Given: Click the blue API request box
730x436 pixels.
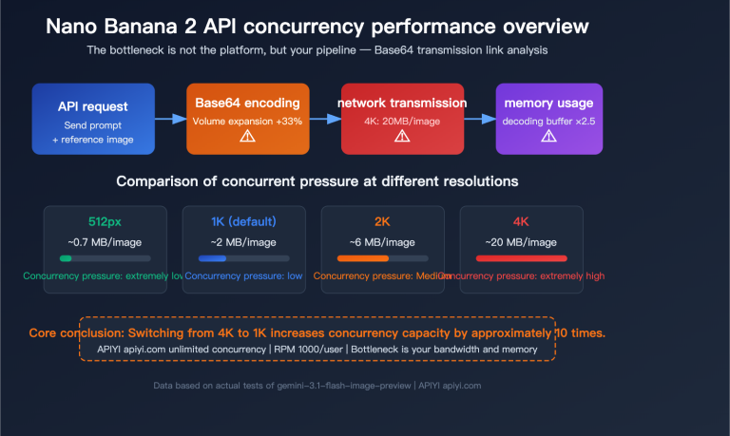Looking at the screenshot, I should [92, 119].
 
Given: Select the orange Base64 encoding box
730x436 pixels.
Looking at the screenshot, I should [247, 119].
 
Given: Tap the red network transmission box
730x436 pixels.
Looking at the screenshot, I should [402, 119].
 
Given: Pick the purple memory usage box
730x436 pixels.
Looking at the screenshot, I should [548, 119].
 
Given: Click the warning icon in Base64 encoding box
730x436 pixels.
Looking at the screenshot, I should [247, 137].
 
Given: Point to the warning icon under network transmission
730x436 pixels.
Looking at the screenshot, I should [402, 137].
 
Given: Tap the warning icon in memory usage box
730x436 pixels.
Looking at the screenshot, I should [548, 137].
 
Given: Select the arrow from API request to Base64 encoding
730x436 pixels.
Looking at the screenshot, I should [170, 119].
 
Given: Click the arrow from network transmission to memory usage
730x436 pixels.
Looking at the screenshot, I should [479, 119].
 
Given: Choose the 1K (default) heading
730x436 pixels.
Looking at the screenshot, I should [243, 222].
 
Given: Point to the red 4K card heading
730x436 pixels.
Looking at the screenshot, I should [520, 222].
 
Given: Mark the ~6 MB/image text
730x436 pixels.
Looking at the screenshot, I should [381, 241].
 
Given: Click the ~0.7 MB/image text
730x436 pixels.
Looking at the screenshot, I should [105, 241].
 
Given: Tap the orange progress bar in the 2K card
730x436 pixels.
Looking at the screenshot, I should [363, 257].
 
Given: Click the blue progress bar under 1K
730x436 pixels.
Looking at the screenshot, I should [212, 257].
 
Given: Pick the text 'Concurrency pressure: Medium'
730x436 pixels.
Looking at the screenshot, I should [381, 275].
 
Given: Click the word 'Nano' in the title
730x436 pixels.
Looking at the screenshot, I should [74, 27].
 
